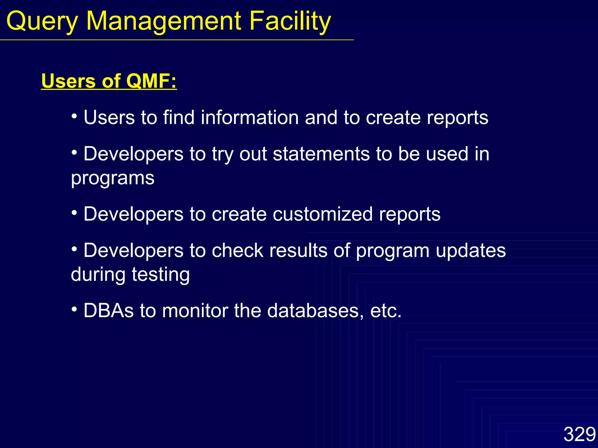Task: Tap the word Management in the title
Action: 164,21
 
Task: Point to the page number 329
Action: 579,434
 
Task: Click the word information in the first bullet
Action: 250,118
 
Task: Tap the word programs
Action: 113,178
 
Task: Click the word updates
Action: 471,251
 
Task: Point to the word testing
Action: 161,274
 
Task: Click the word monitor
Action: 195,311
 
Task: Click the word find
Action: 179,118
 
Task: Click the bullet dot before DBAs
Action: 74,309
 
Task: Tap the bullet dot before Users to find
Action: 74,116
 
